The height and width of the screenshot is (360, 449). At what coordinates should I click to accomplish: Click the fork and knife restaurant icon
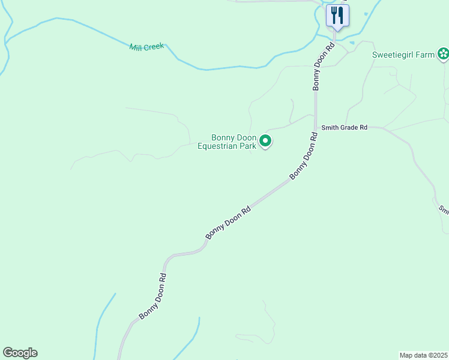point(337,16)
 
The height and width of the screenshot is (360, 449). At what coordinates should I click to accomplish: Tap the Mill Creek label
point(146,47)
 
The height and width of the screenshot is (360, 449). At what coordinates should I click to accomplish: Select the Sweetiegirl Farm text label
point(403,55)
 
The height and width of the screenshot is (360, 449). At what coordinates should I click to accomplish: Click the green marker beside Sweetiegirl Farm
point(443,55)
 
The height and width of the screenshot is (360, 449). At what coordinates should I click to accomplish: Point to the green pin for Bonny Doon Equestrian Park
point(265,142)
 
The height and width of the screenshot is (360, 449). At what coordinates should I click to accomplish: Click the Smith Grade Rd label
point(344,127)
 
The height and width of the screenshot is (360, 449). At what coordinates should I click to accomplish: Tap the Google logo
point(20,353)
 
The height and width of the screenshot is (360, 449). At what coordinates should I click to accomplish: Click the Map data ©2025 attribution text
point(423,355)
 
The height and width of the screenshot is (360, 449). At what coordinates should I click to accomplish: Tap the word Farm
point(426,55)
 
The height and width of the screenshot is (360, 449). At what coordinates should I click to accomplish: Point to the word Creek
point(153,46)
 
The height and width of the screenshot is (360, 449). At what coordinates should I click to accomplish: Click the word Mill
point(136,47)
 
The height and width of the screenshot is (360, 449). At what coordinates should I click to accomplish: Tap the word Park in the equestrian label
point(249,145)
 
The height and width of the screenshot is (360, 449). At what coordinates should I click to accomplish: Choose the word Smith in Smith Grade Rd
point(330,127)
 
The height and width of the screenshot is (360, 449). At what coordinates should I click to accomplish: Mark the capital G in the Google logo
point(8,352)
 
